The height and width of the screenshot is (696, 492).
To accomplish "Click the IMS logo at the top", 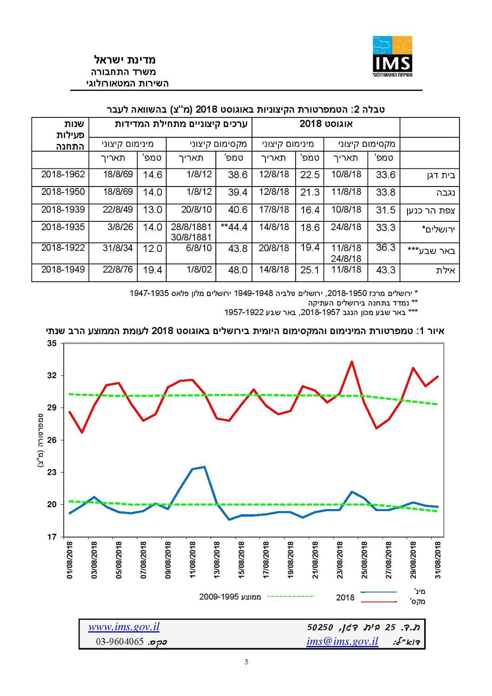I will pyautogui.click(x=392, y=56).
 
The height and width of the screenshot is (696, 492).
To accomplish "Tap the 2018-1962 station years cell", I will pyautogui.click(x=63, y=175).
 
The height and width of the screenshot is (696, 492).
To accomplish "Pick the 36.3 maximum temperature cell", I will pyautogui.click(x=385, y=248).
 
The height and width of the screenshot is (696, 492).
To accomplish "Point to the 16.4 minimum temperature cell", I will pyautogui.click(x=310, y=210).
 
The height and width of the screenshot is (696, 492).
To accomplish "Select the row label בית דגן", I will pyautogui.click(x=440, y=176).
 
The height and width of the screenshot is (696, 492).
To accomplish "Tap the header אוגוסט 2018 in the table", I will pyautogui.click(x=326, y=124).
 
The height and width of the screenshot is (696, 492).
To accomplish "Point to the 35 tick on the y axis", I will pyautogui.click(x=52, y=344).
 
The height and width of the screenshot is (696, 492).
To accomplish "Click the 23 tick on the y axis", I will pyautogui.click(x=52, y=472).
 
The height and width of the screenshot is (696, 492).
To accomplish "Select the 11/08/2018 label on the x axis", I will pyautogui.click(x=193, y=560).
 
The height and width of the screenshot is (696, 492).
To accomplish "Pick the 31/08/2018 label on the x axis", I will pyautogui.click(x=438, y=560).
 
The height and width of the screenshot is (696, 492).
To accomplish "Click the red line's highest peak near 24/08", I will pyautogui.click(x=352, y=361).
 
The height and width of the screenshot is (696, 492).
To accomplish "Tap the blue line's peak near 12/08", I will pyautogui.click(x=204, y=467).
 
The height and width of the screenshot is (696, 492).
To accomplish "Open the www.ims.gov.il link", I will pyautogui.click(x=124, y=627).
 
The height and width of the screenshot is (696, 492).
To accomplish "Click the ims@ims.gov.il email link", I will pyautogui.click(x=342, y=642).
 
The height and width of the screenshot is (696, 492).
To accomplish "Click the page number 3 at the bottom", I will pyautogui.click(x=246, y=662).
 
